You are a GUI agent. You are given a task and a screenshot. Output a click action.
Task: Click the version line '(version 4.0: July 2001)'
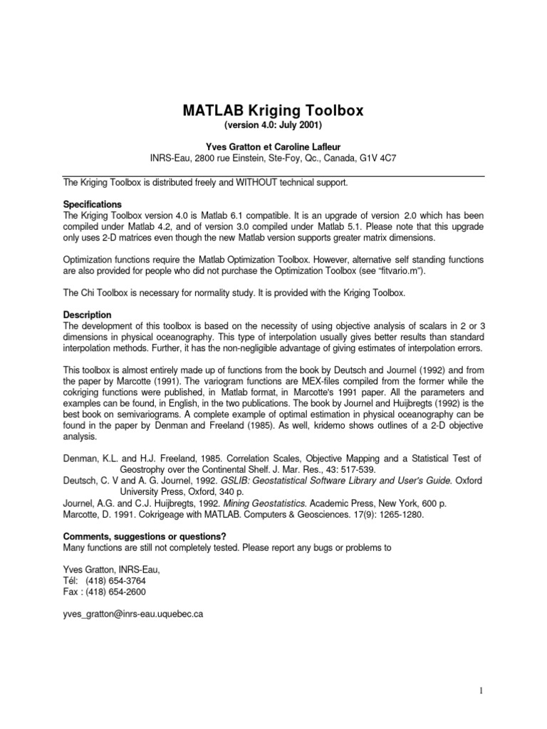(x=274, y=125)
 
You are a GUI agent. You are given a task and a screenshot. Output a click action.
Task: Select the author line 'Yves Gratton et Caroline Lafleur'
(x=274, y=145)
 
